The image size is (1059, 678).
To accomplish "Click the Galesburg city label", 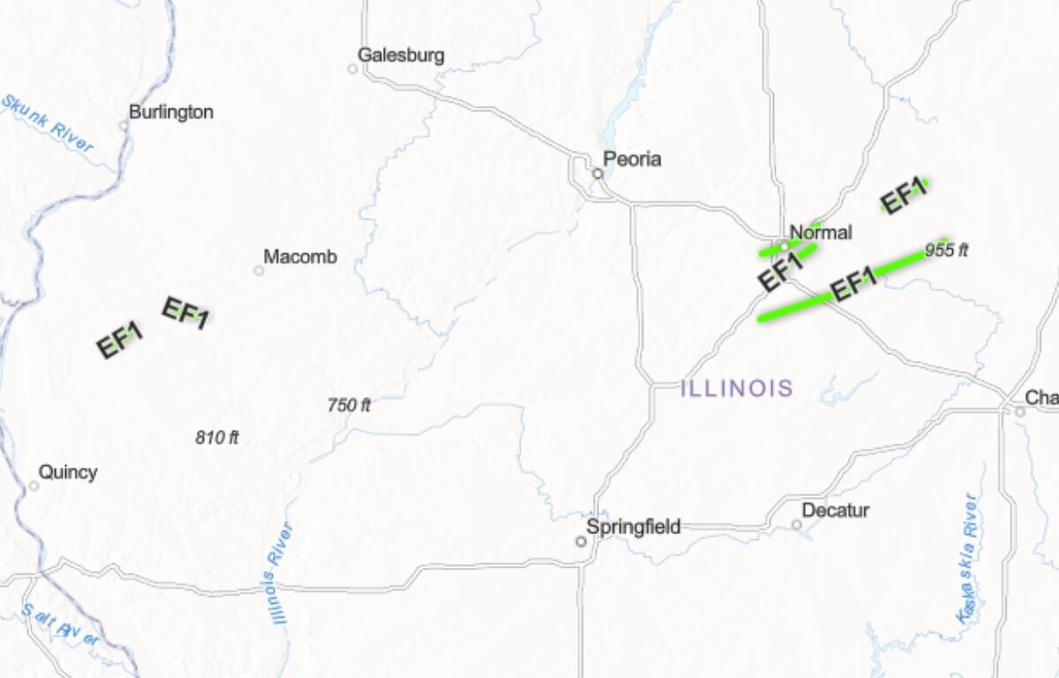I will click(x=401, y=56).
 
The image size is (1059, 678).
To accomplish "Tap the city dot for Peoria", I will click(x=597, y=174).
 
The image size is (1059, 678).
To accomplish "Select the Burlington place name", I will click(x=171, y=112).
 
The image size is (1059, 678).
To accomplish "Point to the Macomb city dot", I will click(x=259, y=270).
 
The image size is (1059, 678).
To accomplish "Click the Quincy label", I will click(x=68, y=472).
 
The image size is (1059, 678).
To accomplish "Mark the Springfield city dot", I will click(x=581, y=541).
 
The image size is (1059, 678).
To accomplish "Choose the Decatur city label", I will click(x=836, y=510).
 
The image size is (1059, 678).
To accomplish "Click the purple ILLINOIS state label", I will click(x=737, y=388).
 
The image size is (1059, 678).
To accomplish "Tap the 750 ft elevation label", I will click(x=349, y=405).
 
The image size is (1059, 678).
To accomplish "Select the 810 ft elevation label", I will click(x=217, y=437).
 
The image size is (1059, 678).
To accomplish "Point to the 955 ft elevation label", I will click(x=947, y=250).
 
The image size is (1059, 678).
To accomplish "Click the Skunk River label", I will click(x=48, y=124).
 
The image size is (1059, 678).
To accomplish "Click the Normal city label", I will click(x=821, y=233).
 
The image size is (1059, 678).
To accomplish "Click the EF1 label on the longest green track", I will click(x=854, y=282).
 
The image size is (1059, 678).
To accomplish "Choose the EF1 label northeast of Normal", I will click(x=904, y=197).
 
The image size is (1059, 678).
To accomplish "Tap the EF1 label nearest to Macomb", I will click(x=184, y=313).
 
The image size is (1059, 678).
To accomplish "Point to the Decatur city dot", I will click(x=796, y=524).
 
